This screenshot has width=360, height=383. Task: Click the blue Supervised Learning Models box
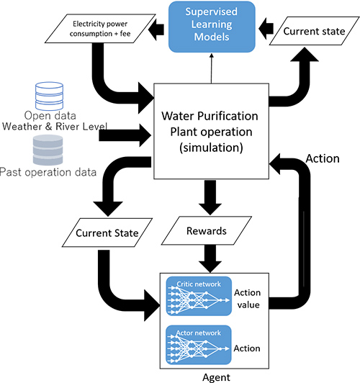(x=212, y=27)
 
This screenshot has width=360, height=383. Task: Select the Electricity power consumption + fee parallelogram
(x=100, y=29)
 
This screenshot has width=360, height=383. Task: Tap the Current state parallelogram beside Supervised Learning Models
(x=315, y=31)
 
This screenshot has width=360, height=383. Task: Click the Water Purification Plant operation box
(x=211, y=131)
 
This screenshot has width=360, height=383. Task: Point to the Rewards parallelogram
(x=207, y=230)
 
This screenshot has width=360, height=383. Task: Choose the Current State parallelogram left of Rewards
(x=107, y=233)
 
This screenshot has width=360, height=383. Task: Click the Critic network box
(x=199, y=296)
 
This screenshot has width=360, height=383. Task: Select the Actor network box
(x=199, y=345)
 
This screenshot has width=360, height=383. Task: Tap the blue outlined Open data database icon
(x=50, y=96)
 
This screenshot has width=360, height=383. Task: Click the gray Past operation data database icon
(x=48, y=150)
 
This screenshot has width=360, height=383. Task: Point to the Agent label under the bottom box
(x=216, y=377)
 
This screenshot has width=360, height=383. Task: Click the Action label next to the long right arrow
(x=323, y=158)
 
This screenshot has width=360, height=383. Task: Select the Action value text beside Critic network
(x=248, y=299)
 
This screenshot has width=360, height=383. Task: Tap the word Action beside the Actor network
(x=247, y=348)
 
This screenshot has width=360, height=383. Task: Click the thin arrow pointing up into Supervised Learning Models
(x=212, y=68)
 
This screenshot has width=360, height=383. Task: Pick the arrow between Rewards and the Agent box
(x=210, y=258)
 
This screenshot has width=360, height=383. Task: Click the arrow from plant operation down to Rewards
(x=210, y=197)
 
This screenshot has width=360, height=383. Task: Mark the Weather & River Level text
(x=55, y=127)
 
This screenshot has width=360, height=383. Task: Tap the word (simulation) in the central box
(x=211, y=148)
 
